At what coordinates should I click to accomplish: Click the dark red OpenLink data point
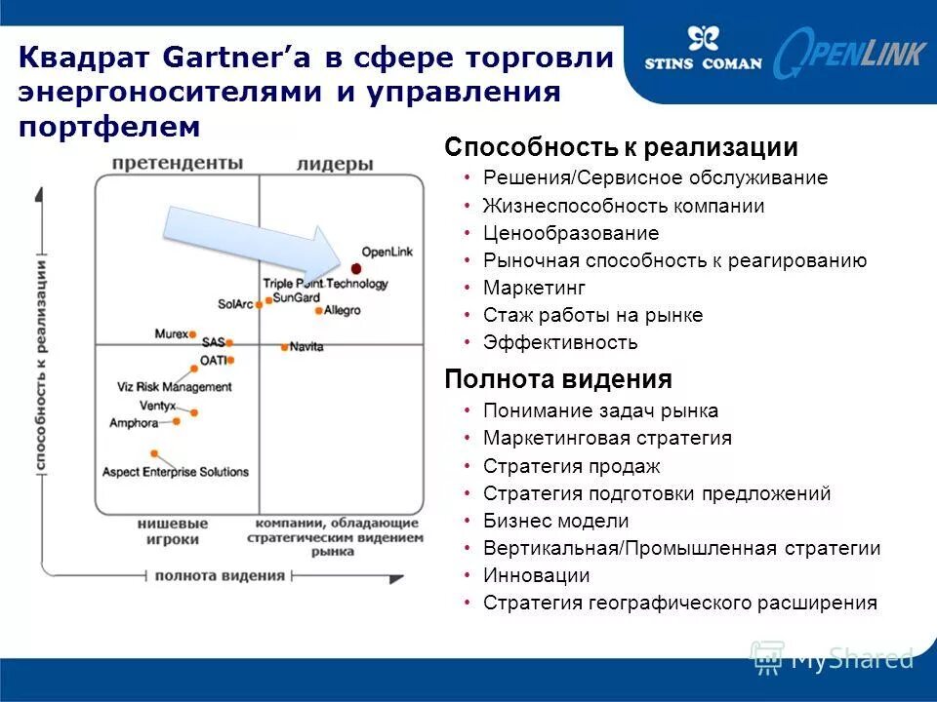(357, 268)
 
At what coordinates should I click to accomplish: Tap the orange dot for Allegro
(319, 311)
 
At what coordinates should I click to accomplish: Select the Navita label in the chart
(306, 347)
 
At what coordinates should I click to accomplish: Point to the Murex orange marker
(193, 334)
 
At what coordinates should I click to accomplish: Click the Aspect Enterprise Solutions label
(176, 472)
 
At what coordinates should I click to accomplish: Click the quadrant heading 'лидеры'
(335, 164)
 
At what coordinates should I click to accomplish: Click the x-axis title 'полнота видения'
(220, 575)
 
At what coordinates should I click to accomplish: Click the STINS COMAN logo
(702, 51)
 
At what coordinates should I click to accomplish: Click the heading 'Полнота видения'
(558, 379)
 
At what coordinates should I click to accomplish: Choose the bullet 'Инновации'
(536, 575)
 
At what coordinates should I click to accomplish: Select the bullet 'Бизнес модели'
(556, 521)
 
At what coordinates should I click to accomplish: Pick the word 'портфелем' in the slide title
(108, 127)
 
